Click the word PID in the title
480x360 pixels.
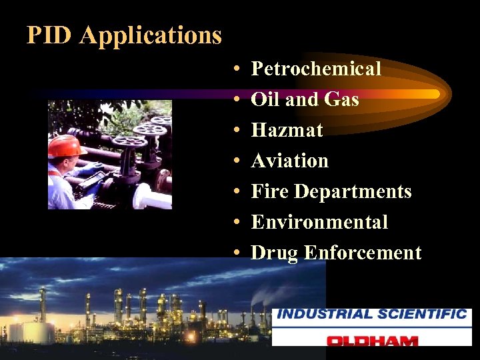pos(49,35)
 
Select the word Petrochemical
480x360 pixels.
pos(316,69)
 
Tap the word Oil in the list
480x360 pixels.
pos(265,99)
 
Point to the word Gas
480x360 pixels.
pos(341,99)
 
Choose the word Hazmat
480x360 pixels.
pos(287,130)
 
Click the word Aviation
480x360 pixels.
pos(290,161)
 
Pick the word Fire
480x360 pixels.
pos(269,191)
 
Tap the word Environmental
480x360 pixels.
pos(319,222)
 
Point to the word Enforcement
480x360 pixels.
pos(363,253)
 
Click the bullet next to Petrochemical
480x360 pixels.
pos(237,69)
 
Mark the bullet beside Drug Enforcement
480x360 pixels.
pos(237,253)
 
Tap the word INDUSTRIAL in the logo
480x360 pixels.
pos(325,314)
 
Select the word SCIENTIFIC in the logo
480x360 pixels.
pos(422,314)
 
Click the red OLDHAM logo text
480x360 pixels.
pos(372,340)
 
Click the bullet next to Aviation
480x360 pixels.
pos(237,161)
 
